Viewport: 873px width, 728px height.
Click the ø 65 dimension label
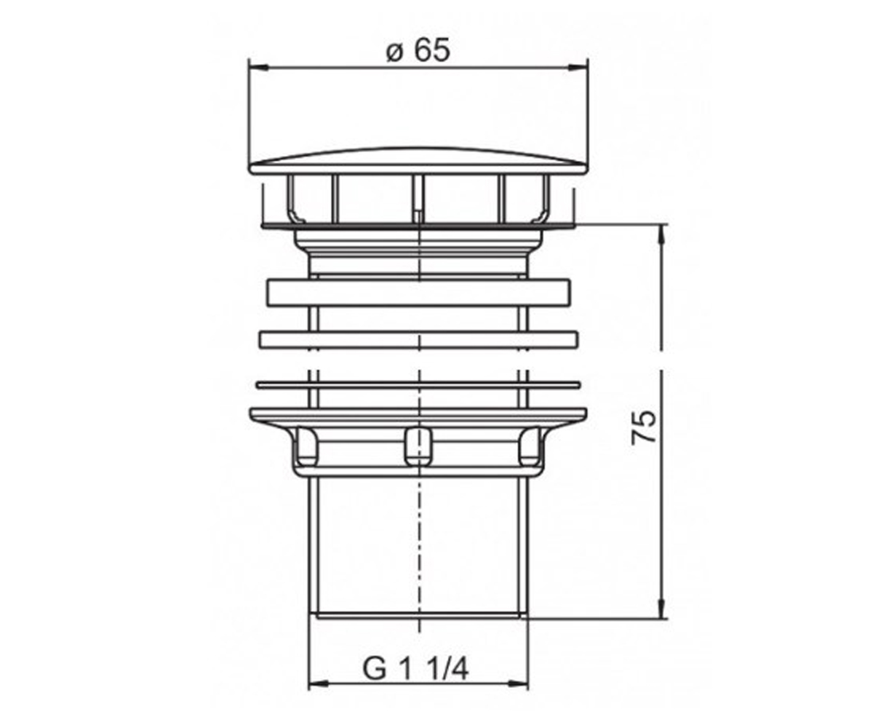(x=418, y=51)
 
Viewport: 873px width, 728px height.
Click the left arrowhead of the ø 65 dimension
(x=258, y=68)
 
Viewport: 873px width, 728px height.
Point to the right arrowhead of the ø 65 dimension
(x=578, y=68)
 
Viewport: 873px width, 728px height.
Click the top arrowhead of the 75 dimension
(x=661, y=235)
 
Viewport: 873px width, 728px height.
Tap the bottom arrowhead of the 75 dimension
(x=661, y=608)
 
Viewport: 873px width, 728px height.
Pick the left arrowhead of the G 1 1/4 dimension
(x=318, y=695)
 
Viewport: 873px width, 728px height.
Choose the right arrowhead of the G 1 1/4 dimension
(x=518, y=695)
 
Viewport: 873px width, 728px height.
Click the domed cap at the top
(x=418, y=161)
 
